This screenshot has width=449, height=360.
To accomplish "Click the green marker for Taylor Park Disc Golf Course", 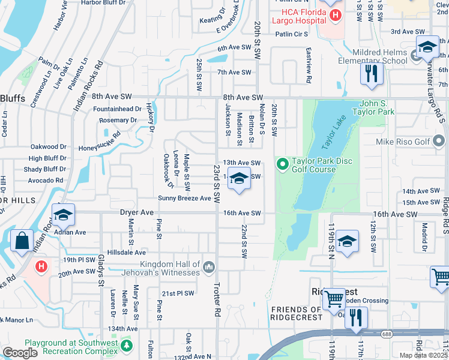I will click(282, 163).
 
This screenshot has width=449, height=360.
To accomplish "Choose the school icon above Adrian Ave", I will click(63, 215).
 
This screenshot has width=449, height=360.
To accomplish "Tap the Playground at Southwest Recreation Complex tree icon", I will click(126, 346).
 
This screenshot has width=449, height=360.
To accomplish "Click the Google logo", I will click(20, 353).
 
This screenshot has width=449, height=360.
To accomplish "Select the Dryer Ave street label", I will click(137, 212).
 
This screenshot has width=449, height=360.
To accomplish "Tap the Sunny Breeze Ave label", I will click(184, 198).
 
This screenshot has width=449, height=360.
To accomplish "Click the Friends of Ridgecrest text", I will click(297, 310).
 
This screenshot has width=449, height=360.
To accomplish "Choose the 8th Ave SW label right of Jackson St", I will click(243, 97).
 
